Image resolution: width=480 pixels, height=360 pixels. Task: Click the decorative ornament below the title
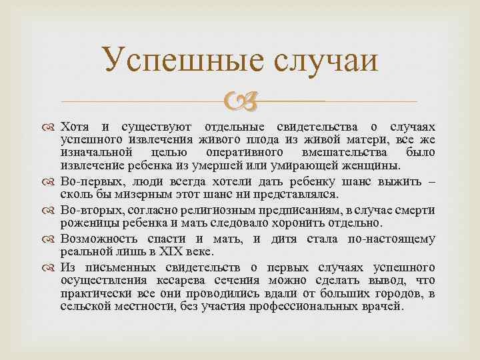241,101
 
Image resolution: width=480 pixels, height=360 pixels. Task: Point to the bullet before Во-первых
52,181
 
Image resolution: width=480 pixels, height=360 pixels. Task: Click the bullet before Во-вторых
52,209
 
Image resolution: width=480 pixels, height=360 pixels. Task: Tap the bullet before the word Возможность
52,239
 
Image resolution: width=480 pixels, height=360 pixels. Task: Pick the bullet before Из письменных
52,267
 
